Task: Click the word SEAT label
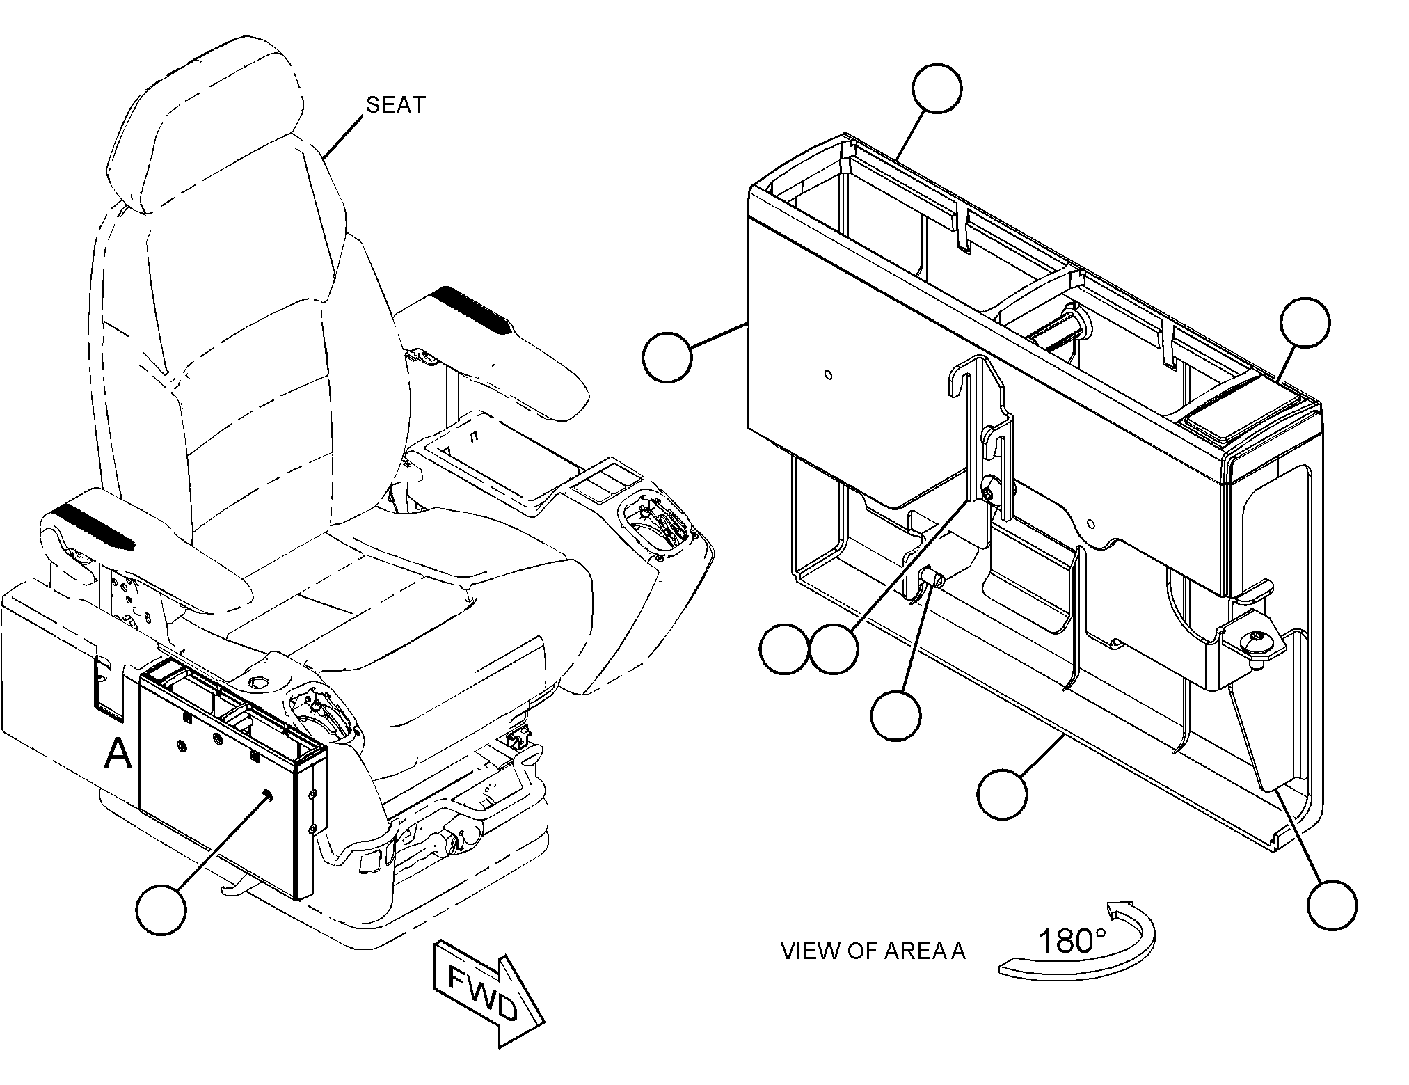395,104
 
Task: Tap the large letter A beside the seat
118,754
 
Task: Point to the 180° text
1072,941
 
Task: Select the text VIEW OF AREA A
873,951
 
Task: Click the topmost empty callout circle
937,88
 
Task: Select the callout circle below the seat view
161,910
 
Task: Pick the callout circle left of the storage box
667,357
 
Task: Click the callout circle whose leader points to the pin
895,715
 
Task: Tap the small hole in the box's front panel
827,375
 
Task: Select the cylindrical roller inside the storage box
1058,333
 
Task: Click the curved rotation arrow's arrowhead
1120,910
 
